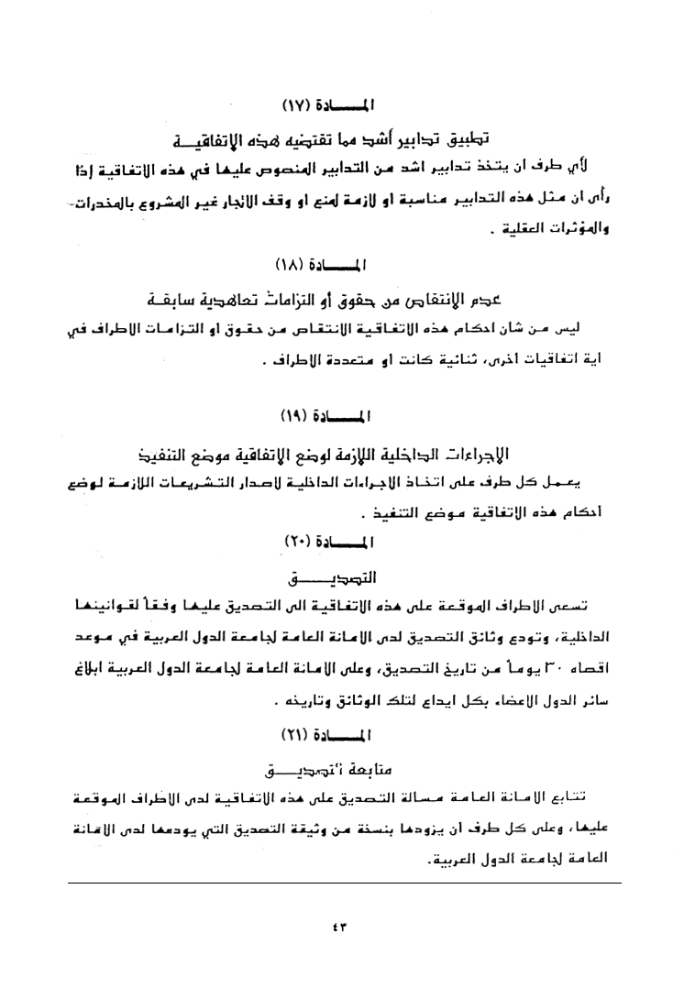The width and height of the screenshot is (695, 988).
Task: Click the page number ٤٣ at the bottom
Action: [x=346, y=926]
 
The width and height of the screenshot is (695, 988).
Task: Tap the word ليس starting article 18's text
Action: [x=599, y=326]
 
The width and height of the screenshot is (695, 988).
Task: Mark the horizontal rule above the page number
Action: [x=346, y=883]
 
